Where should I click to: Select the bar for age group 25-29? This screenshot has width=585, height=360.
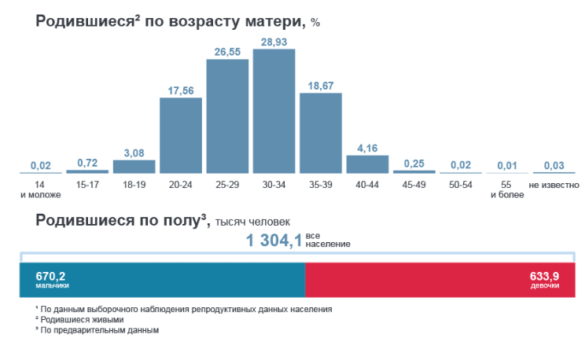227,116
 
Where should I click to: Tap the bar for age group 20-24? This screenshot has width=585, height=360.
181,135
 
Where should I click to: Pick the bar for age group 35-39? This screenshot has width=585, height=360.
321,133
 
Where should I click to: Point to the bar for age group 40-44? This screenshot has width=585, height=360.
367,163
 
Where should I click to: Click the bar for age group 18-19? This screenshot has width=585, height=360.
134,166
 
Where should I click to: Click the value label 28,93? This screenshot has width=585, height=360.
274,41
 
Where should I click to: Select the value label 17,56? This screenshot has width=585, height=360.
181,90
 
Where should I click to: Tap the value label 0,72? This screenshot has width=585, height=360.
87,163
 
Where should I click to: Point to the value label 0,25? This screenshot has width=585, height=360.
414,163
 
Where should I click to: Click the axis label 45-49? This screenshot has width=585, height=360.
414,186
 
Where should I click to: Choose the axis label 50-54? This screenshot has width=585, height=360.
461,186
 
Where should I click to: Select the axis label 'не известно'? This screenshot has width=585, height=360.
554,186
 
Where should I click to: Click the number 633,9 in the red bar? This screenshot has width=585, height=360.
545,276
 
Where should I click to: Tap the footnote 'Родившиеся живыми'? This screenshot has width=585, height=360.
83,320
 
